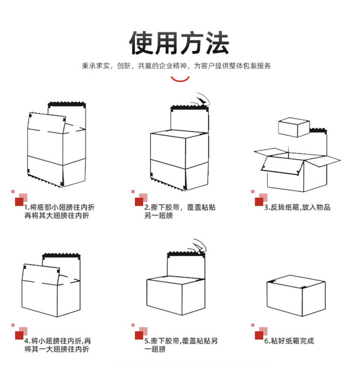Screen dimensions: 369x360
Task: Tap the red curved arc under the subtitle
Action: click(x=180, y=79)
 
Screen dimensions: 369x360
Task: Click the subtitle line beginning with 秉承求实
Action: click(x=176, y=66)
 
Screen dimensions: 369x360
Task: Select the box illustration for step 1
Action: click(x=55, y=146)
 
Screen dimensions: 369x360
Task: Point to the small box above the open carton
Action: click(x=294, y=127)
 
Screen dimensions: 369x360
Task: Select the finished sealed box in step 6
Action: click(x=296, y=295)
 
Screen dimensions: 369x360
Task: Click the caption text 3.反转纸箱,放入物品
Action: click(x=297, y=207)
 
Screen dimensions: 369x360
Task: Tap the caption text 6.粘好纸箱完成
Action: click(x=289, y=341)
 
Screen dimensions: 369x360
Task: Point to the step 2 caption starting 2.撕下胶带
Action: click(x=180, y=211)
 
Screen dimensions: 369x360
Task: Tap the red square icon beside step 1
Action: click(x=19, y=201)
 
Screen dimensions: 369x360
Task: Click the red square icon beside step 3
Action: click(x=259, y=201)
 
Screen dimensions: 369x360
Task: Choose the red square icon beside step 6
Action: click(x=259, y=335)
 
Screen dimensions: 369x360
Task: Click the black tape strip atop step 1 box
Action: click(x=67, y=104)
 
